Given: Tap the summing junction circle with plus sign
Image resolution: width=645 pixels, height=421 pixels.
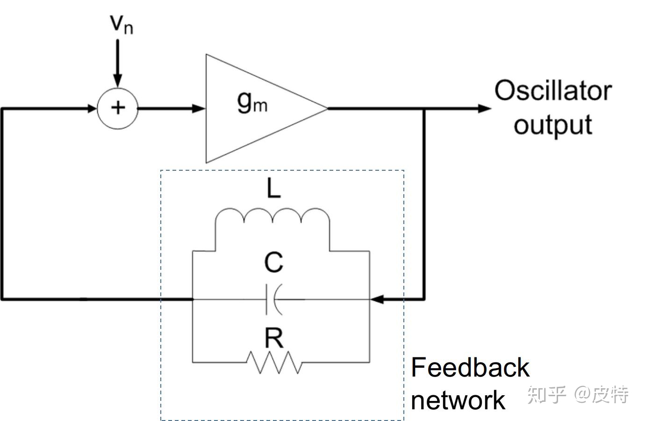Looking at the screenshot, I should point(117,108).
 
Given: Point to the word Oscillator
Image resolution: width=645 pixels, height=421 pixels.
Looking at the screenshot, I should point(553,91).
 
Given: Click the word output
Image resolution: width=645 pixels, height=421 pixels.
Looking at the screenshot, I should point(553,124).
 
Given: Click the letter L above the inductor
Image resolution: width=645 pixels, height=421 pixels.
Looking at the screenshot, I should point(273,189).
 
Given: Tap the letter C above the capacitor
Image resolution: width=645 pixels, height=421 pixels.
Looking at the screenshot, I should point(273,262).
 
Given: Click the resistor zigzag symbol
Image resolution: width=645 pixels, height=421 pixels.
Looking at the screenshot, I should point(274,362).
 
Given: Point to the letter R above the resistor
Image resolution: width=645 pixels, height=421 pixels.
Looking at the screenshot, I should point(274,338).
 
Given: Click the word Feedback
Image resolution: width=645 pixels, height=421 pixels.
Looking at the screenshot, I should point(470,367).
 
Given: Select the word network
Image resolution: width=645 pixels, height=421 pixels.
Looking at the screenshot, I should point(458,400).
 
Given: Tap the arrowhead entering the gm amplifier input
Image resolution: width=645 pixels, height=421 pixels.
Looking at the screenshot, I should point(199,109).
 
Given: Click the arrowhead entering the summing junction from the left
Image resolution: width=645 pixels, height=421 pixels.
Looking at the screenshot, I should point(91,109).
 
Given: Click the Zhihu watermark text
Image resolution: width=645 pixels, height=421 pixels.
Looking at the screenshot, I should point(578,395).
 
